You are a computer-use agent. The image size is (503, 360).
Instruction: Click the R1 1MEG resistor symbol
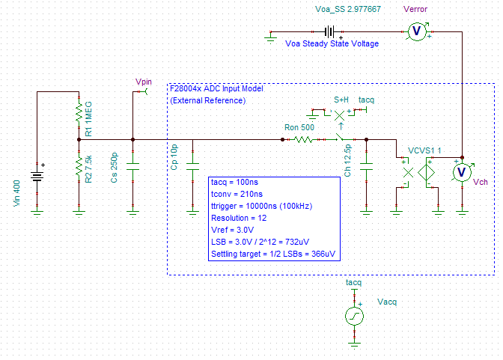pos(79,114)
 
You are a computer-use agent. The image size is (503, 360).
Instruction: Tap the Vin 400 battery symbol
pos(36,177)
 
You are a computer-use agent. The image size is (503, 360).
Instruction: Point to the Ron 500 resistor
pos(303,138)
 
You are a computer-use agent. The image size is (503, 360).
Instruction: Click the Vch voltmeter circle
pos(462,172)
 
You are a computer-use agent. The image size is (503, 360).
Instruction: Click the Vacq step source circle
pos(353,316)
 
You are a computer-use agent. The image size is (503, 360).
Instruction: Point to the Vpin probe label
pos(143,81)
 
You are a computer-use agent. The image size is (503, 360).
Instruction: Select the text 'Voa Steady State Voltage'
pos(332,43)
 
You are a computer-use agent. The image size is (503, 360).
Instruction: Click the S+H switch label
pos(341,99)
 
